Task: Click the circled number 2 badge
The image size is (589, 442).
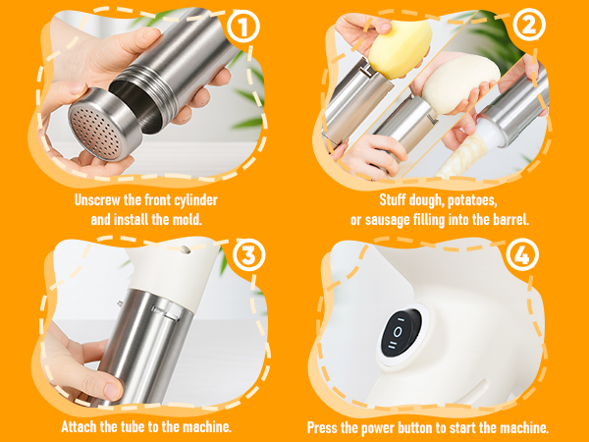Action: point(529,27)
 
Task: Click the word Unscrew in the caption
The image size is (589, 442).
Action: point(100,200)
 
